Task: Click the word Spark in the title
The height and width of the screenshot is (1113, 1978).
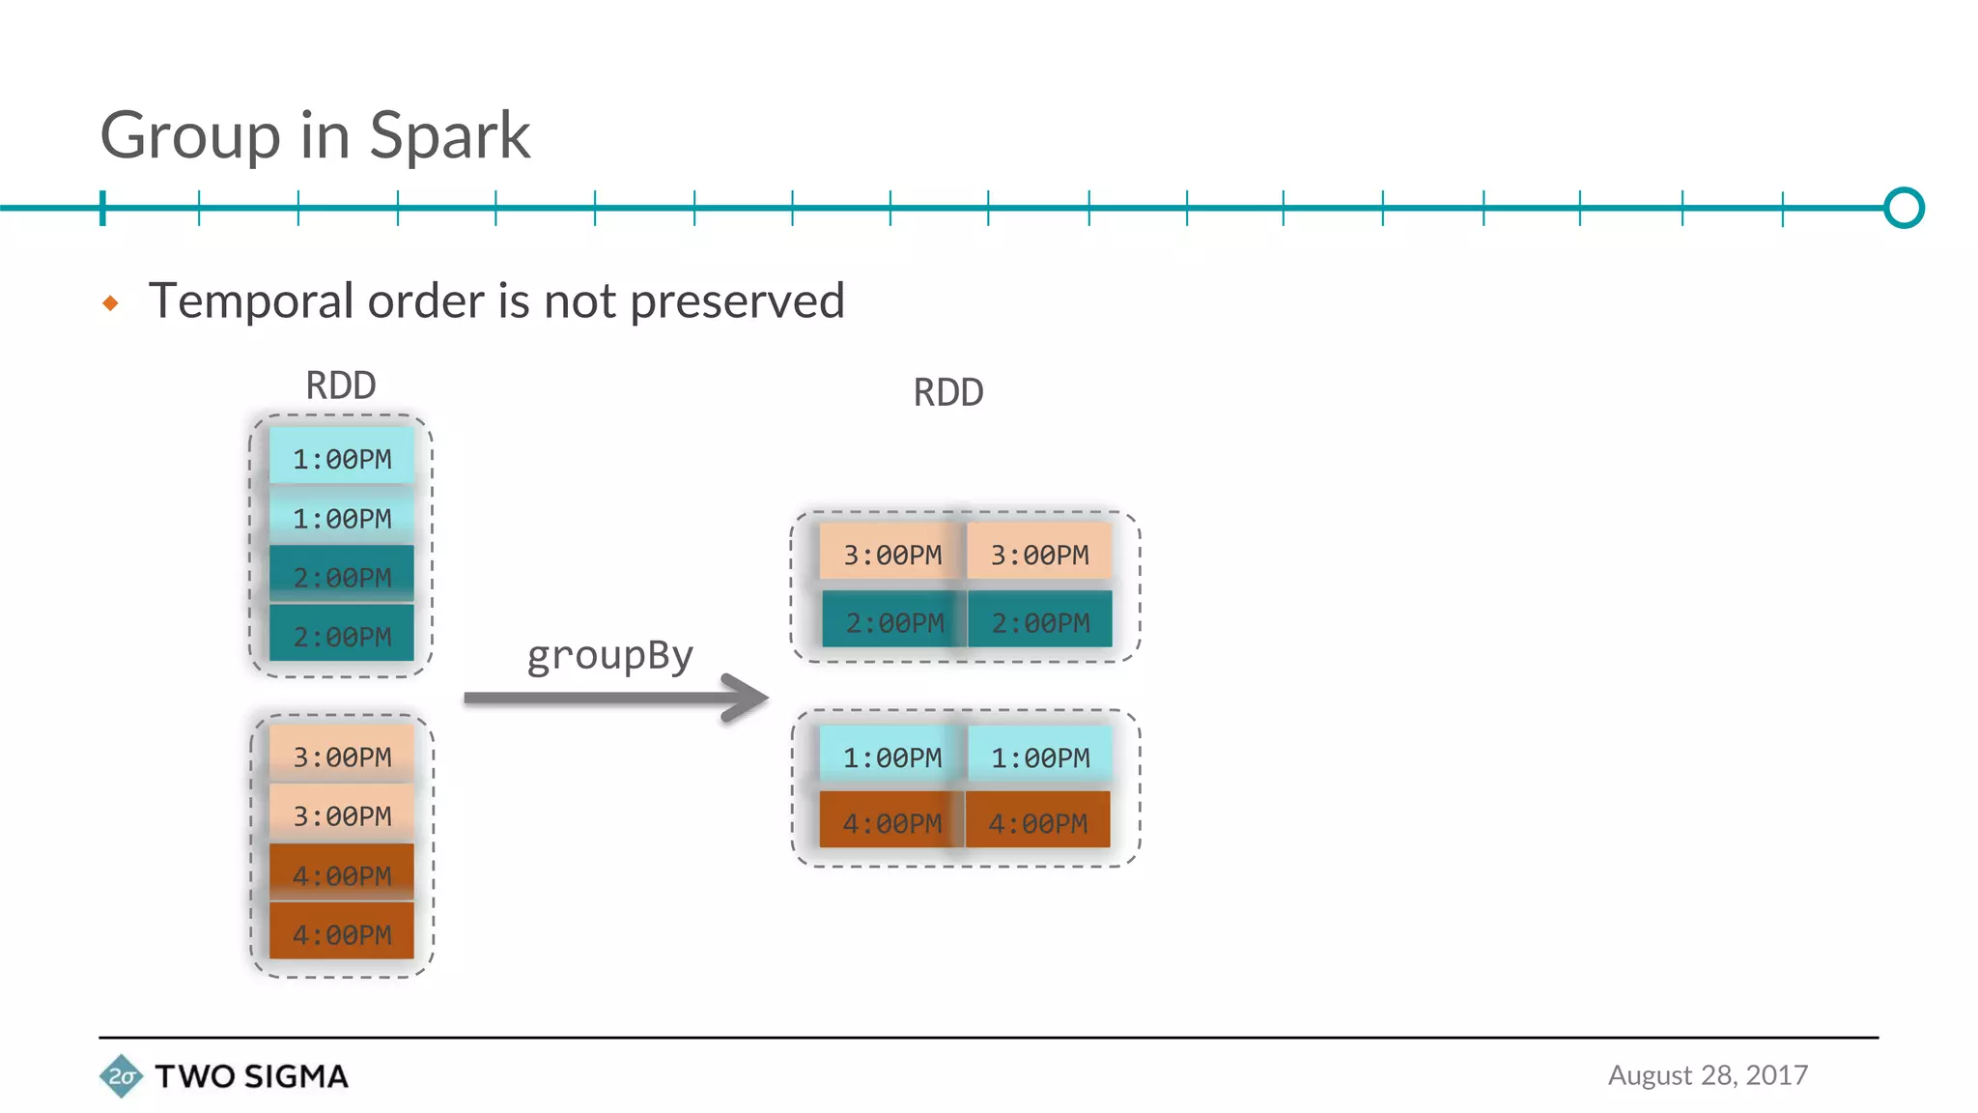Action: (449, 135)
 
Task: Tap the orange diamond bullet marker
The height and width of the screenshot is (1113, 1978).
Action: (110, 303)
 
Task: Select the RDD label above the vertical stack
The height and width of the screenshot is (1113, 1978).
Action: (341, 385)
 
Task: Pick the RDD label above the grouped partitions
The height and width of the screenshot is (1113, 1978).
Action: (948, 393)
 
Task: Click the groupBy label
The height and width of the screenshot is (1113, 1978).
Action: (610, 656)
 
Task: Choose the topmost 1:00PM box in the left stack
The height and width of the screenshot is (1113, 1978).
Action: (342, 458)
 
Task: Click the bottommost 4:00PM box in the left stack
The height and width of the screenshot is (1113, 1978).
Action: (342, 933)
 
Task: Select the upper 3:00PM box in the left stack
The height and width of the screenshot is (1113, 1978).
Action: (342, 756)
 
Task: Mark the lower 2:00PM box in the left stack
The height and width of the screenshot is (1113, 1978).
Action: (342, 636)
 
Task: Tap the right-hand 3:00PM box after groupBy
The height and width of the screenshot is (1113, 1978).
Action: (1039, 554)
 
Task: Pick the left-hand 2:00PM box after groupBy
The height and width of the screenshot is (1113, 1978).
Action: (893, 621)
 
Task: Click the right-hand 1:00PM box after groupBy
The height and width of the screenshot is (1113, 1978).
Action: (1039, 756)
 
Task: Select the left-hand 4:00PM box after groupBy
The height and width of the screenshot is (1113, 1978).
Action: (891, 822)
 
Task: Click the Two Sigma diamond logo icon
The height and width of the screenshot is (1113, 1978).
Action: (122, 1076)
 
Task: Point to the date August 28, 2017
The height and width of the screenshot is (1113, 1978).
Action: (1708, 1075)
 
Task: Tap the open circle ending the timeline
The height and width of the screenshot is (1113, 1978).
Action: (1904, 208)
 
